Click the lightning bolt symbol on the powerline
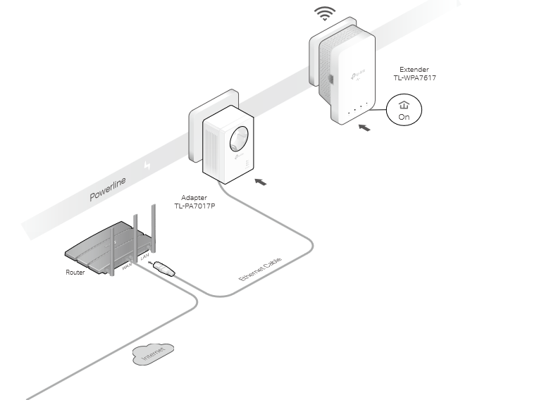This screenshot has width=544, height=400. point(147,165)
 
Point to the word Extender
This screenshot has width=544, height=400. point(414,70)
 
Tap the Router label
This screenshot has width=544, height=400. point(75,272)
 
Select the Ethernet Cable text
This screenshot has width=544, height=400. point(260,270)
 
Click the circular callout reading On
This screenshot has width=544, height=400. point(404,111)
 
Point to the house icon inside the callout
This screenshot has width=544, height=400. point(404,105)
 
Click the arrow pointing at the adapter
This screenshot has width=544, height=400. point(260,182)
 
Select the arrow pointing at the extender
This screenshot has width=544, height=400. point(364,128)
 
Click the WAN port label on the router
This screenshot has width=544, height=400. point(127,267)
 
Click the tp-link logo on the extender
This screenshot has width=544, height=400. point(357,73)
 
